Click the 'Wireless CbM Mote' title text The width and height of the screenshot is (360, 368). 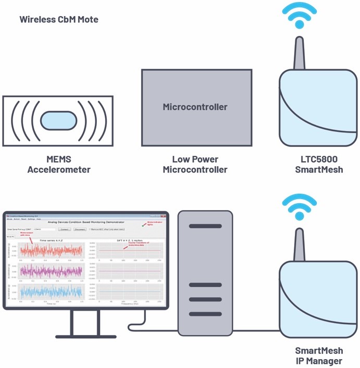click(59, 19)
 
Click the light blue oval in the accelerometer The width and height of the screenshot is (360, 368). click(59, 120)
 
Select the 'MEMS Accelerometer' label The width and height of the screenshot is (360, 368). click(59, 164)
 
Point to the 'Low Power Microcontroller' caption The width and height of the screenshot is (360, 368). click(195, 164)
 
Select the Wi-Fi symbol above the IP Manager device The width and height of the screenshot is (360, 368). click(300, 208)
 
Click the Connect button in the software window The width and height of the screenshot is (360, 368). click(64, 229)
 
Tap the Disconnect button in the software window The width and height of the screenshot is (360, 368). click(79, 229)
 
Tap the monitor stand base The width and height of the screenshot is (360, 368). click(85, 334)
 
